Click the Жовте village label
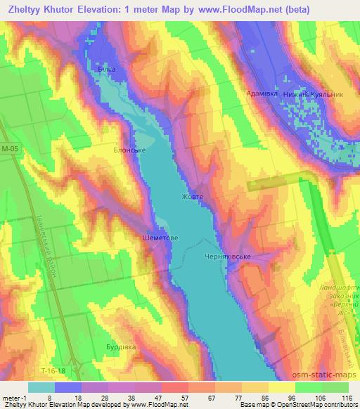[192, 197]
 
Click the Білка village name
[107, 70]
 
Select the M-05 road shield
[11, 148]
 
